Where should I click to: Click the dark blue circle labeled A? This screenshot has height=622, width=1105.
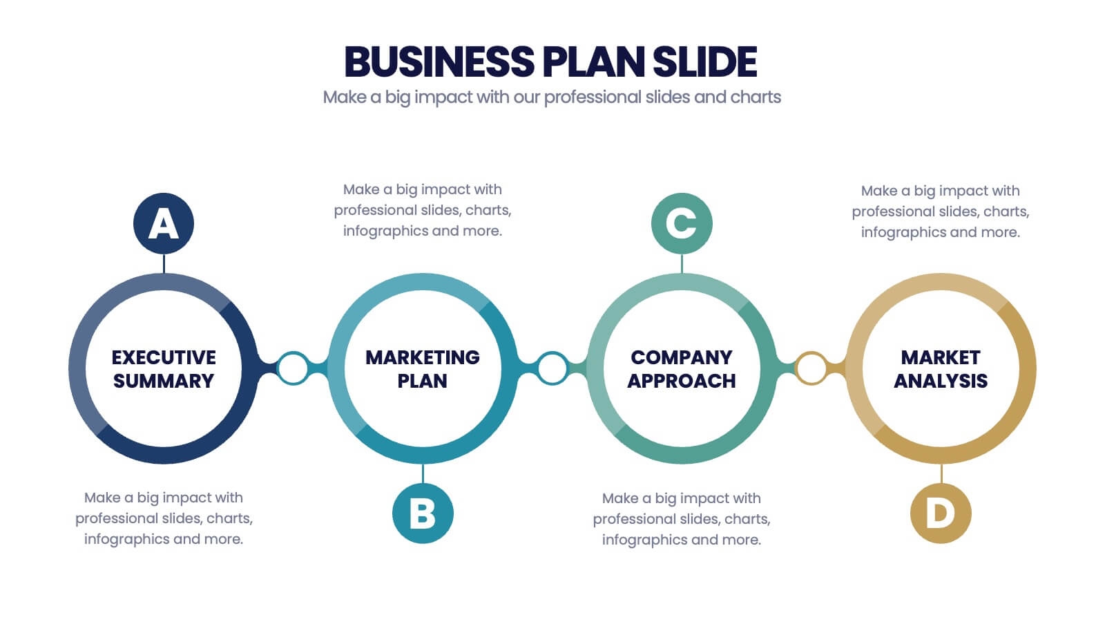(164, 223)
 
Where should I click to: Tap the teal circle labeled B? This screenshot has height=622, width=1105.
(423, 513)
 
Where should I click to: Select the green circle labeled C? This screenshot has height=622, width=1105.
(682, 223)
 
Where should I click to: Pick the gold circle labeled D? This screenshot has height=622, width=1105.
(941, 513)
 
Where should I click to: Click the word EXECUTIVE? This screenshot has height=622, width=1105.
(164, 357)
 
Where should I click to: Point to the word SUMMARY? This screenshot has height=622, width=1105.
(164, 381)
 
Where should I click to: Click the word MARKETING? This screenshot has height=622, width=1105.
(423, 357)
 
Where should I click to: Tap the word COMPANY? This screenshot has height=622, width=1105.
(682, 357)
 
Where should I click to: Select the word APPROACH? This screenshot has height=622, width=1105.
(682, 381)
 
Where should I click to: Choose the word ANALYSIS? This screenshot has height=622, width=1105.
(941, 381)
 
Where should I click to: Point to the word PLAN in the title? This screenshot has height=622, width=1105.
(594, 62)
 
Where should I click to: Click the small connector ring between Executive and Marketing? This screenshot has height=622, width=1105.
(293, 368)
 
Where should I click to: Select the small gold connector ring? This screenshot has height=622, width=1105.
(811, 368)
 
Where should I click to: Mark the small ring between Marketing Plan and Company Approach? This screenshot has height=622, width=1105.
(552, 368)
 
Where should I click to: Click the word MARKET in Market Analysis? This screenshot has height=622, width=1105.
(941, 357)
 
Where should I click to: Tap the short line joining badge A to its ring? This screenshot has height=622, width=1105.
(164, 263)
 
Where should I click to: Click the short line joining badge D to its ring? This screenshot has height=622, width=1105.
(941, 473)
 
